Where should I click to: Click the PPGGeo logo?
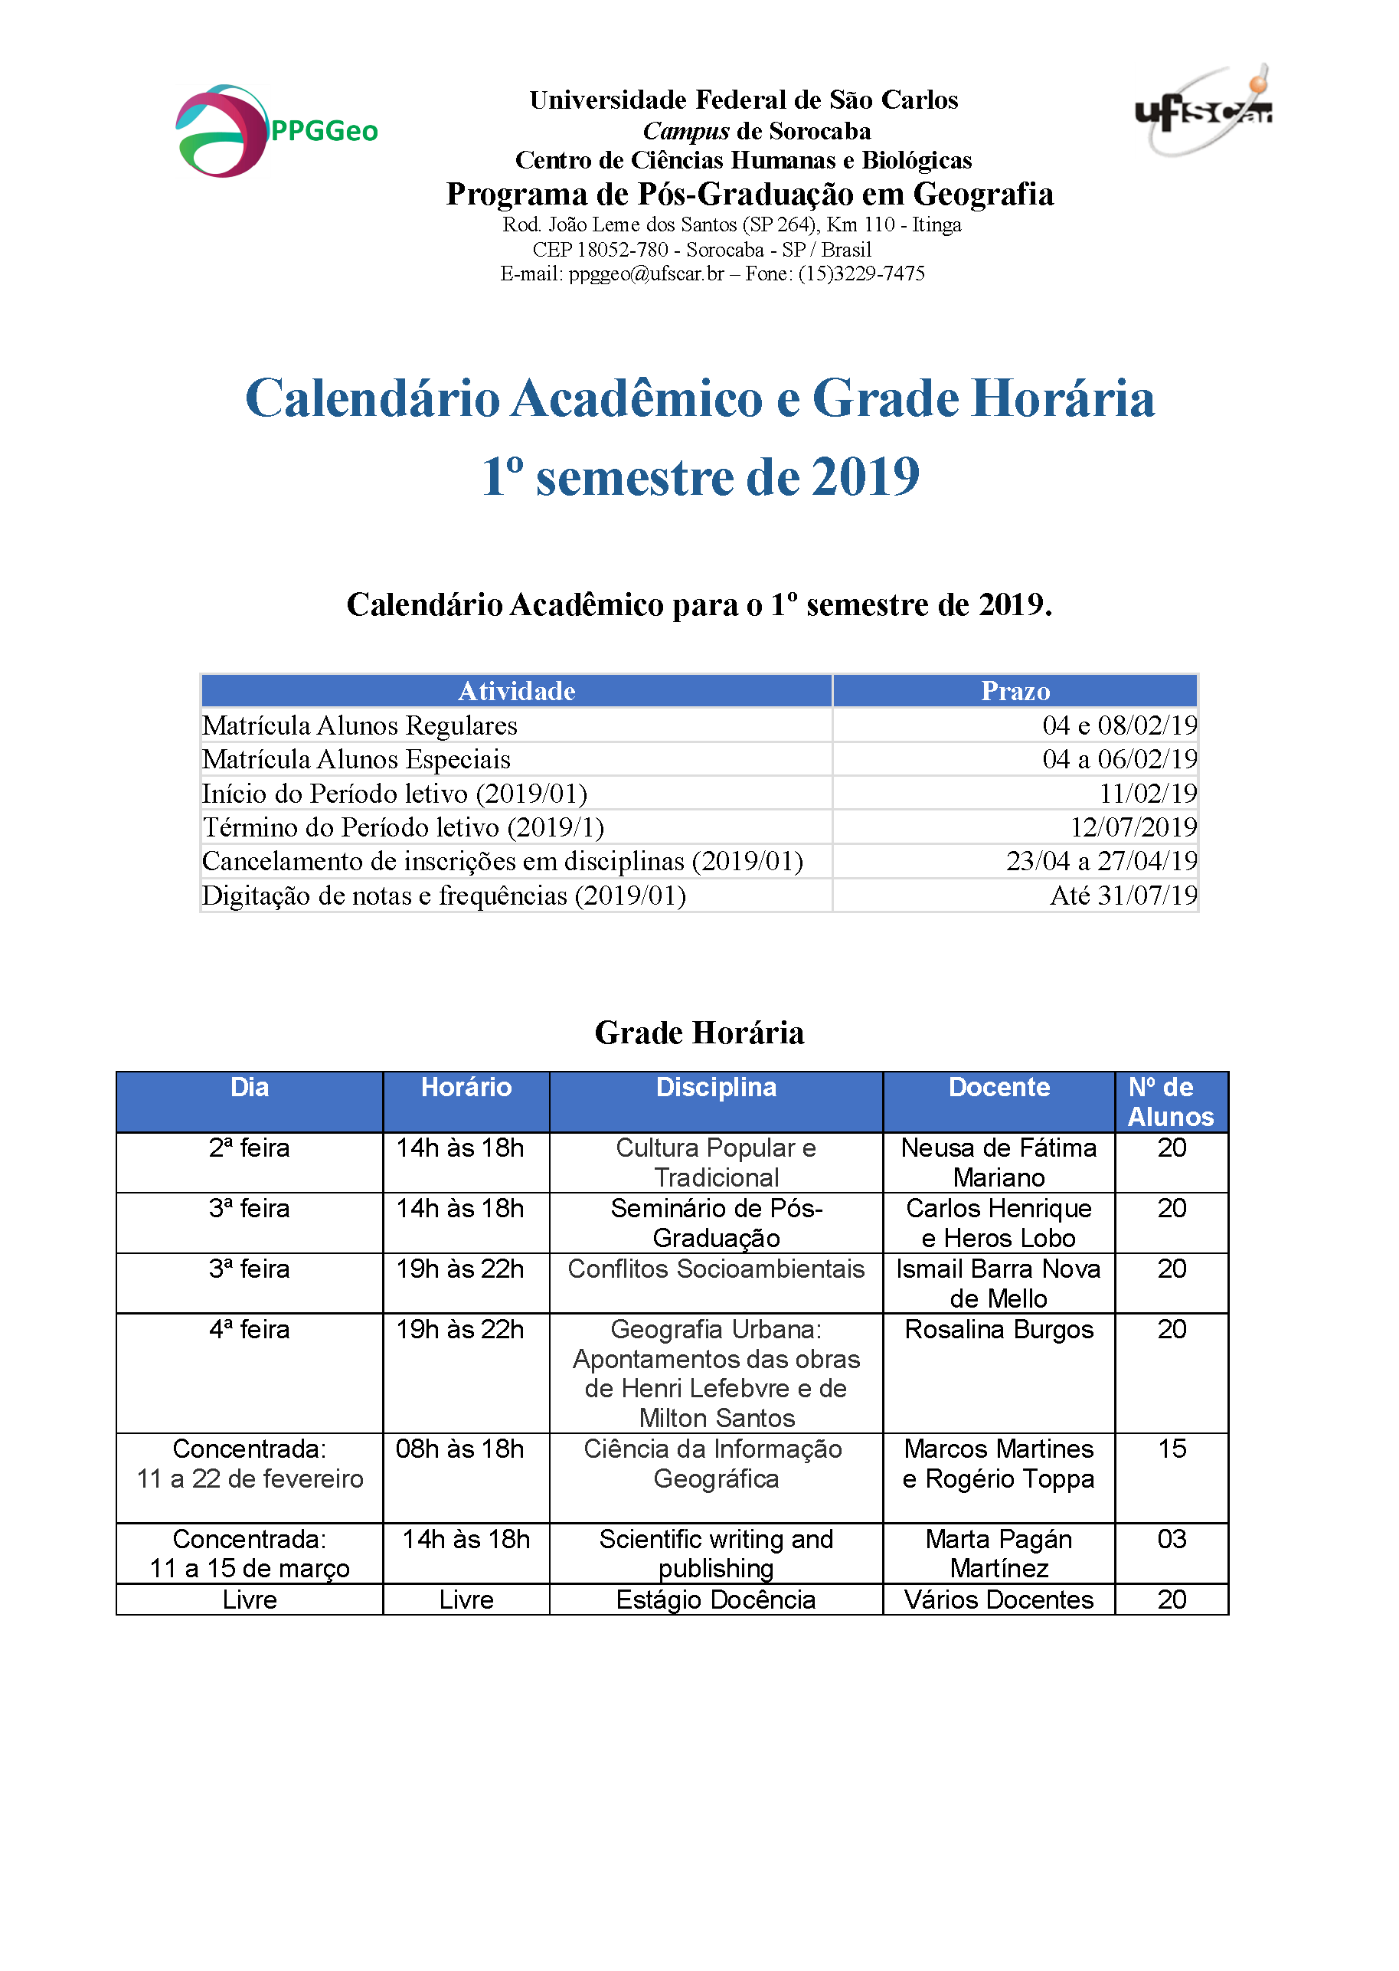pos(276,131)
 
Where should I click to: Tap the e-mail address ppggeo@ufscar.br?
pos(646,274)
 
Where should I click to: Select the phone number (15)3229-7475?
pos(861,274)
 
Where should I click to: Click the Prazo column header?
pos(1015,691)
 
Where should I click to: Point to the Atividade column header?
pos(516,691)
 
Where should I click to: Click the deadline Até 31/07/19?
pos(1123,895)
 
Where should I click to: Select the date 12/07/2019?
pos(1133,827)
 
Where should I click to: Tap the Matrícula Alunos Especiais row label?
pos(356,759)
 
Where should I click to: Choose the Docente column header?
pos(999,1088)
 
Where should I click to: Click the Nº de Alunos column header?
pos(1171,1102)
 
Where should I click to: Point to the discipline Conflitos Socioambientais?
pos(715,1269)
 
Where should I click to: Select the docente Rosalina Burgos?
pos(999,1330)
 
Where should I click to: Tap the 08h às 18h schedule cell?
pos(459,1449)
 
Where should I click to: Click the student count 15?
pos(1172,1449)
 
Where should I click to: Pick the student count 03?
pos(1172,1539)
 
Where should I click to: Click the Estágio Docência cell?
pos(715,1599)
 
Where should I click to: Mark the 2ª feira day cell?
pos(249,1148)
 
